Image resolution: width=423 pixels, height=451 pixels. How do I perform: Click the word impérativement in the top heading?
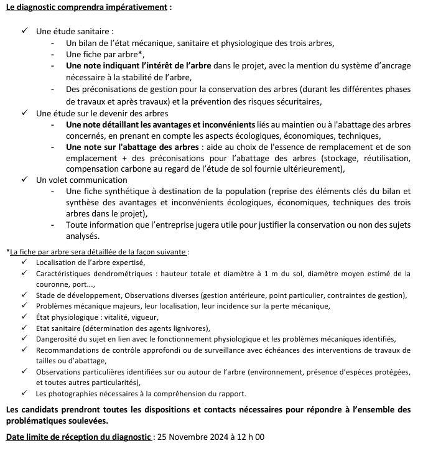137,7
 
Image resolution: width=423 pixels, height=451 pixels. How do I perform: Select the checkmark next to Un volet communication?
25,180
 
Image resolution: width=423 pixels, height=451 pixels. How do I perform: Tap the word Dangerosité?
58,339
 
